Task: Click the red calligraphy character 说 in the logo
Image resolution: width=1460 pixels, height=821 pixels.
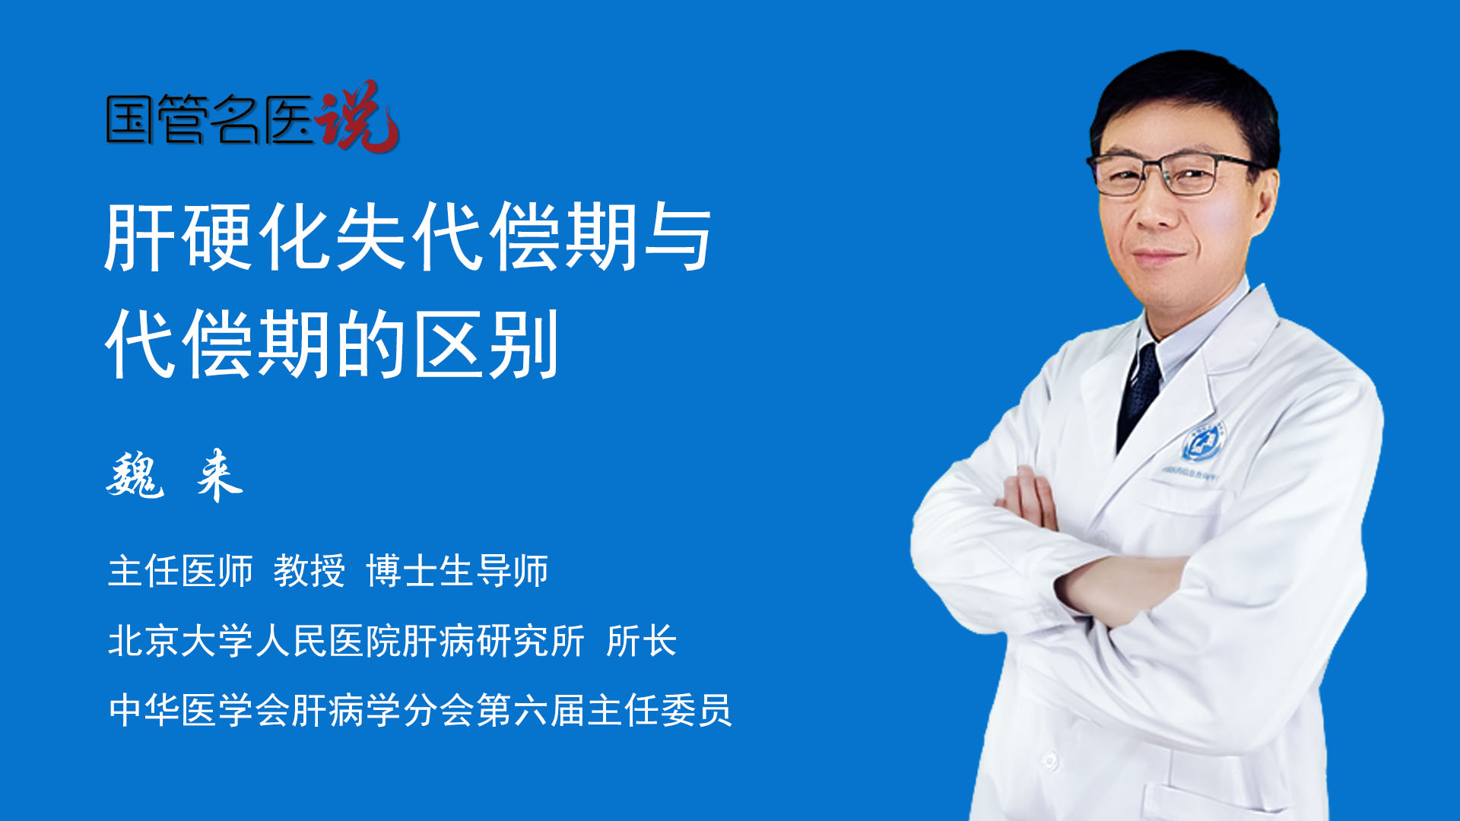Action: tap(357, 116)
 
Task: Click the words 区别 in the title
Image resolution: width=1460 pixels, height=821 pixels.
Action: tap(487, 344)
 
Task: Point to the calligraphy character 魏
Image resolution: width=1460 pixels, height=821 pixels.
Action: tap(135, 475)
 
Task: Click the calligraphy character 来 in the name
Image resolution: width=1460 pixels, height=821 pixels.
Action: tap(219, 475)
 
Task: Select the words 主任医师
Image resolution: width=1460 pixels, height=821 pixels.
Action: tap(180, 571)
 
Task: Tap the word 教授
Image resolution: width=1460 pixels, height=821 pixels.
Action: tap(309, 571)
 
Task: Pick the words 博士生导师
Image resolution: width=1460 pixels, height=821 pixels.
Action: tap(457, 571)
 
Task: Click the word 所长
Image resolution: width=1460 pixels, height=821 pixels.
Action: tap(642, 640)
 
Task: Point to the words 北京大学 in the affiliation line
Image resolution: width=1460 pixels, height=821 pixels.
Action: tap(181, 640)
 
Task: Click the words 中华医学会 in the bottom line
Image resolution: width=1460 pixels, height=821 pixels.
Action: tap(199, 710)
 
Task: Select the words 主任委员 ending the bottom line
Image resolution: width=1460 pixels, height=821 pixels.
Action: tap(660, 710)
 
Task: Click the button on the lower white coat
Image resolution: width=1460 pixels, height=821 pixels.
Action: tap(1050, 759)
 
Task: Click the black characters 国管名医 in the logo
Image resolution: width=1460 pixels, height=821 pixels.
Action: tap(209, 119)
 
